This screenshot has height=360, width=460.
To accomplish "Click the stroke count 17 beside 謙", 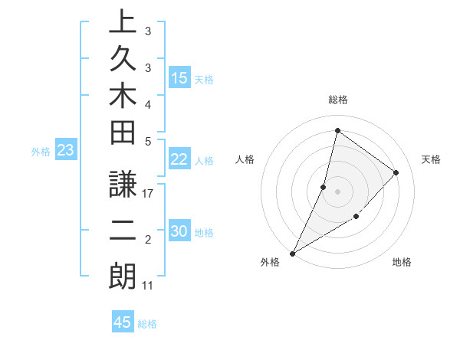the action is pyautogui.click(x=148, y=194).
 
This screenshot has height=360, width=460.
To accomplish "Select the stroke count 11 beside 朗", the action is pyautogui.click(x=148, y=286).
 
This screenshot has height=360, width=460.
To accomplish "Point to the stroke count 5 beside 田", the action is pyautogui.click(x=148, y=141).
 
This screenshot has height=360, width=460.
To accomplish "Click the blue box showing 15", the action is pyautogui.click(x=179, y=78).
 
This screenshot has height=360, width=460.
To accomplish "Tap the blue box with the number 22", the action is pyautogui.click(x=179, y=159).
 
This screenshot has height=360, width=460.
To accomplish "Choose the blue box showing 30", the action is pyautogui.click(x=179, y=232).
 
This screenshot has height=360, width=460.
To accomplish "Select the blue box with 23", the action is pyautogui.click(x=66, y=151).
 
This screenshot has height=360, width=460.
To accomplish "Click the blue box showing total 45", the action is pyautogui.click(x=123, y=322).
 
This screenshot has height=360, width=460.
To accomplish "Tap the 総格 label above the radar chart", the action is pyautogui.click(x=337, y=100).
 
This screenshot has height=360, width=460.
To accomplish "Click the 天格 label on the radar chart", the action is pyautogui.click(x=431, y=159).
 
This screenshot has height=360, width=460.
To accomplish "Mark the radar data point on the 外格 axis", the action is pyautogui.click(x=293, y=253).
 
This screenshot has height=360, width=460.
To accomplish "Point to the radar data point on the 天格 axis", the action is pyautogui.click(x=396, y=172).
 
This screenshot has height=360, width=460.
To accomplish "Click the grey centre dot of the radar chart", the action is pyautogui.click(x=337, y=191).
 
